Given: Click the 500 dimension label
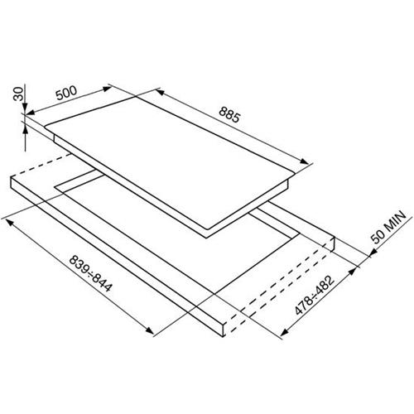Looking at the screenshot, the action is coord(66,93).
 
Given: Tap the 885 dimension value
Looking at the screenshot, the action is coord(229,114).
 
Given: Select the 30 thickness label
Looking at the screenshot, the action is coord(18,94).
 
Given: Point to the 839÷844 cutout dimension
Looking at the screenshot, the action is coord(91,273).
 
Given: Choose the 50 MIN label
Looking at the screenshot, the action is coord(388,227).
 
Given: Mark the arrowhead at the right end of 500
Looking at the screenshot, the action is coord(107,89).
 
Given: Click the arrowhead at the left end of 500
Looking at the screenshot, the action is coord(30,112).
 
